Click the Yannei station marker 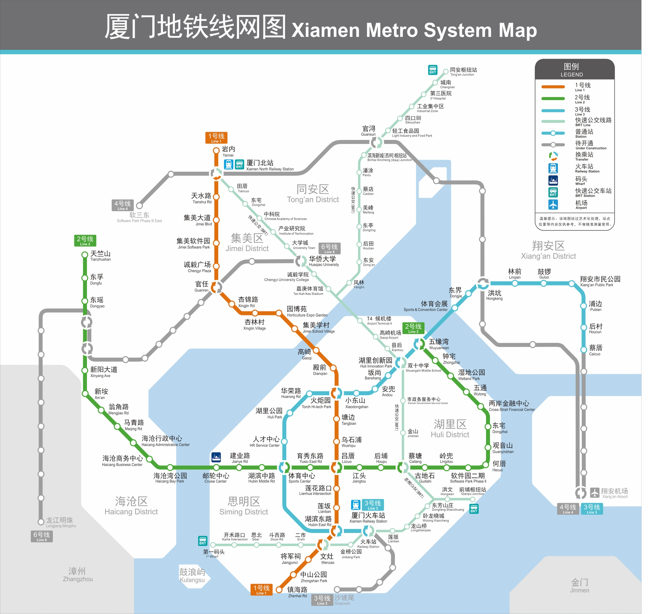218,152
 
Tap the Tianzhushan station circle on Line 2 86,257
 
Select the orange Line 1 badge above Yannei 218,139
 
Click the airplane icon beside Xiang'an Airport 601,497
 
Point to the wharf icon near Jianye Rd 218,461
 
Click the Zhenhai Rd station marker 282,595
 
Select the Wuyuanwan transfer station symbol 423,347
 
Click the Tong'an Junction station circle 450,72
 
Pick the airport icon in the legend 558,206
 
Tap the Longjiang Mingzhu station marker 41,527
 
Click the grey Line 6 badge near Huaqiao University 332,251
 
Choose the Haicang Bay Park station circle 171,472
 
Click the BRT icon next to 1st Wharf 204,546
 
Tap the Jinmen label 585,591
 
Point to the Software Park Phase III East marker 141,207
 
